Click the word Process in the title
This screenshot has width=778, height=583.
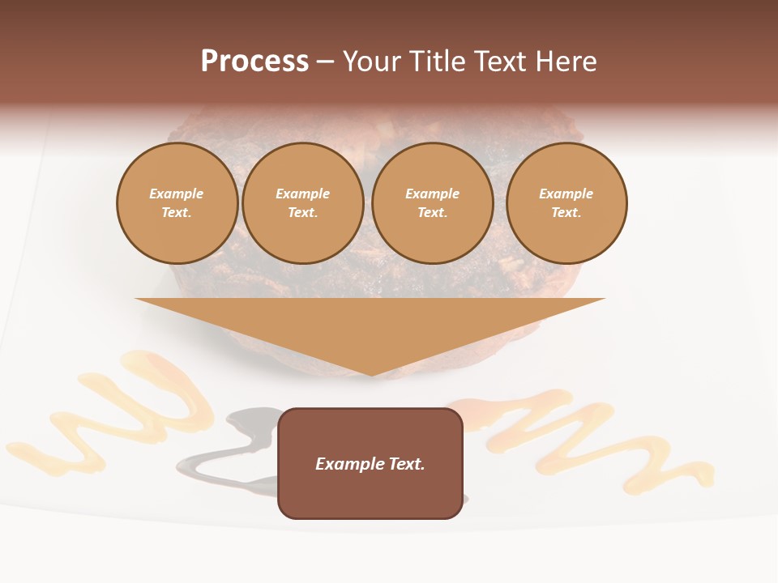pos(254,62)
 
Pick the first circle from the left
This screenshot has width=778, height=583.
pos(177,203)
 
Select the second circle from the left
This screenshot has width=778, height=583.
pos(303,203)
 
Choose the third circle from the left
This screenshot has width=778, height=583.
pos(433,203)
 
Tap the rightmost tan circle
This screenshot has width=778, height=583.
pos(566,203)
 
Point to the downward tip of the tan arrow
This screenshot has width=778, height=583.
pos(371,374)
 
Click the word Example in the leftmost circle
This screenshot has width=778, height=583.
pos(177,194)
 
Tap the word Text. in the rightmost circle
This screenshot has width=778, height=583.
pos(566,212)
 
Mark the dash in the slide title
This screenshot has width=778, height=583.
pos(325,62)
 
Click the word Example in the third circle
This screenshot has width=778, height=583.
pos(433,194)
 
